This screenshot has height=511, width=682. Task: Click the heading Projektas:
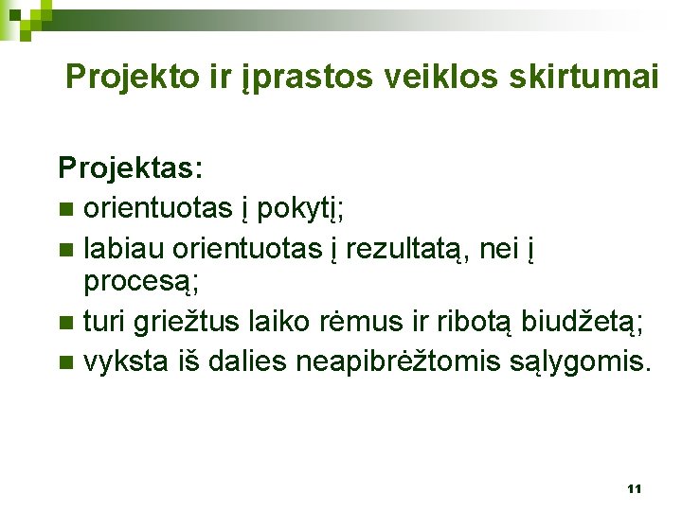(130, 168)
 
